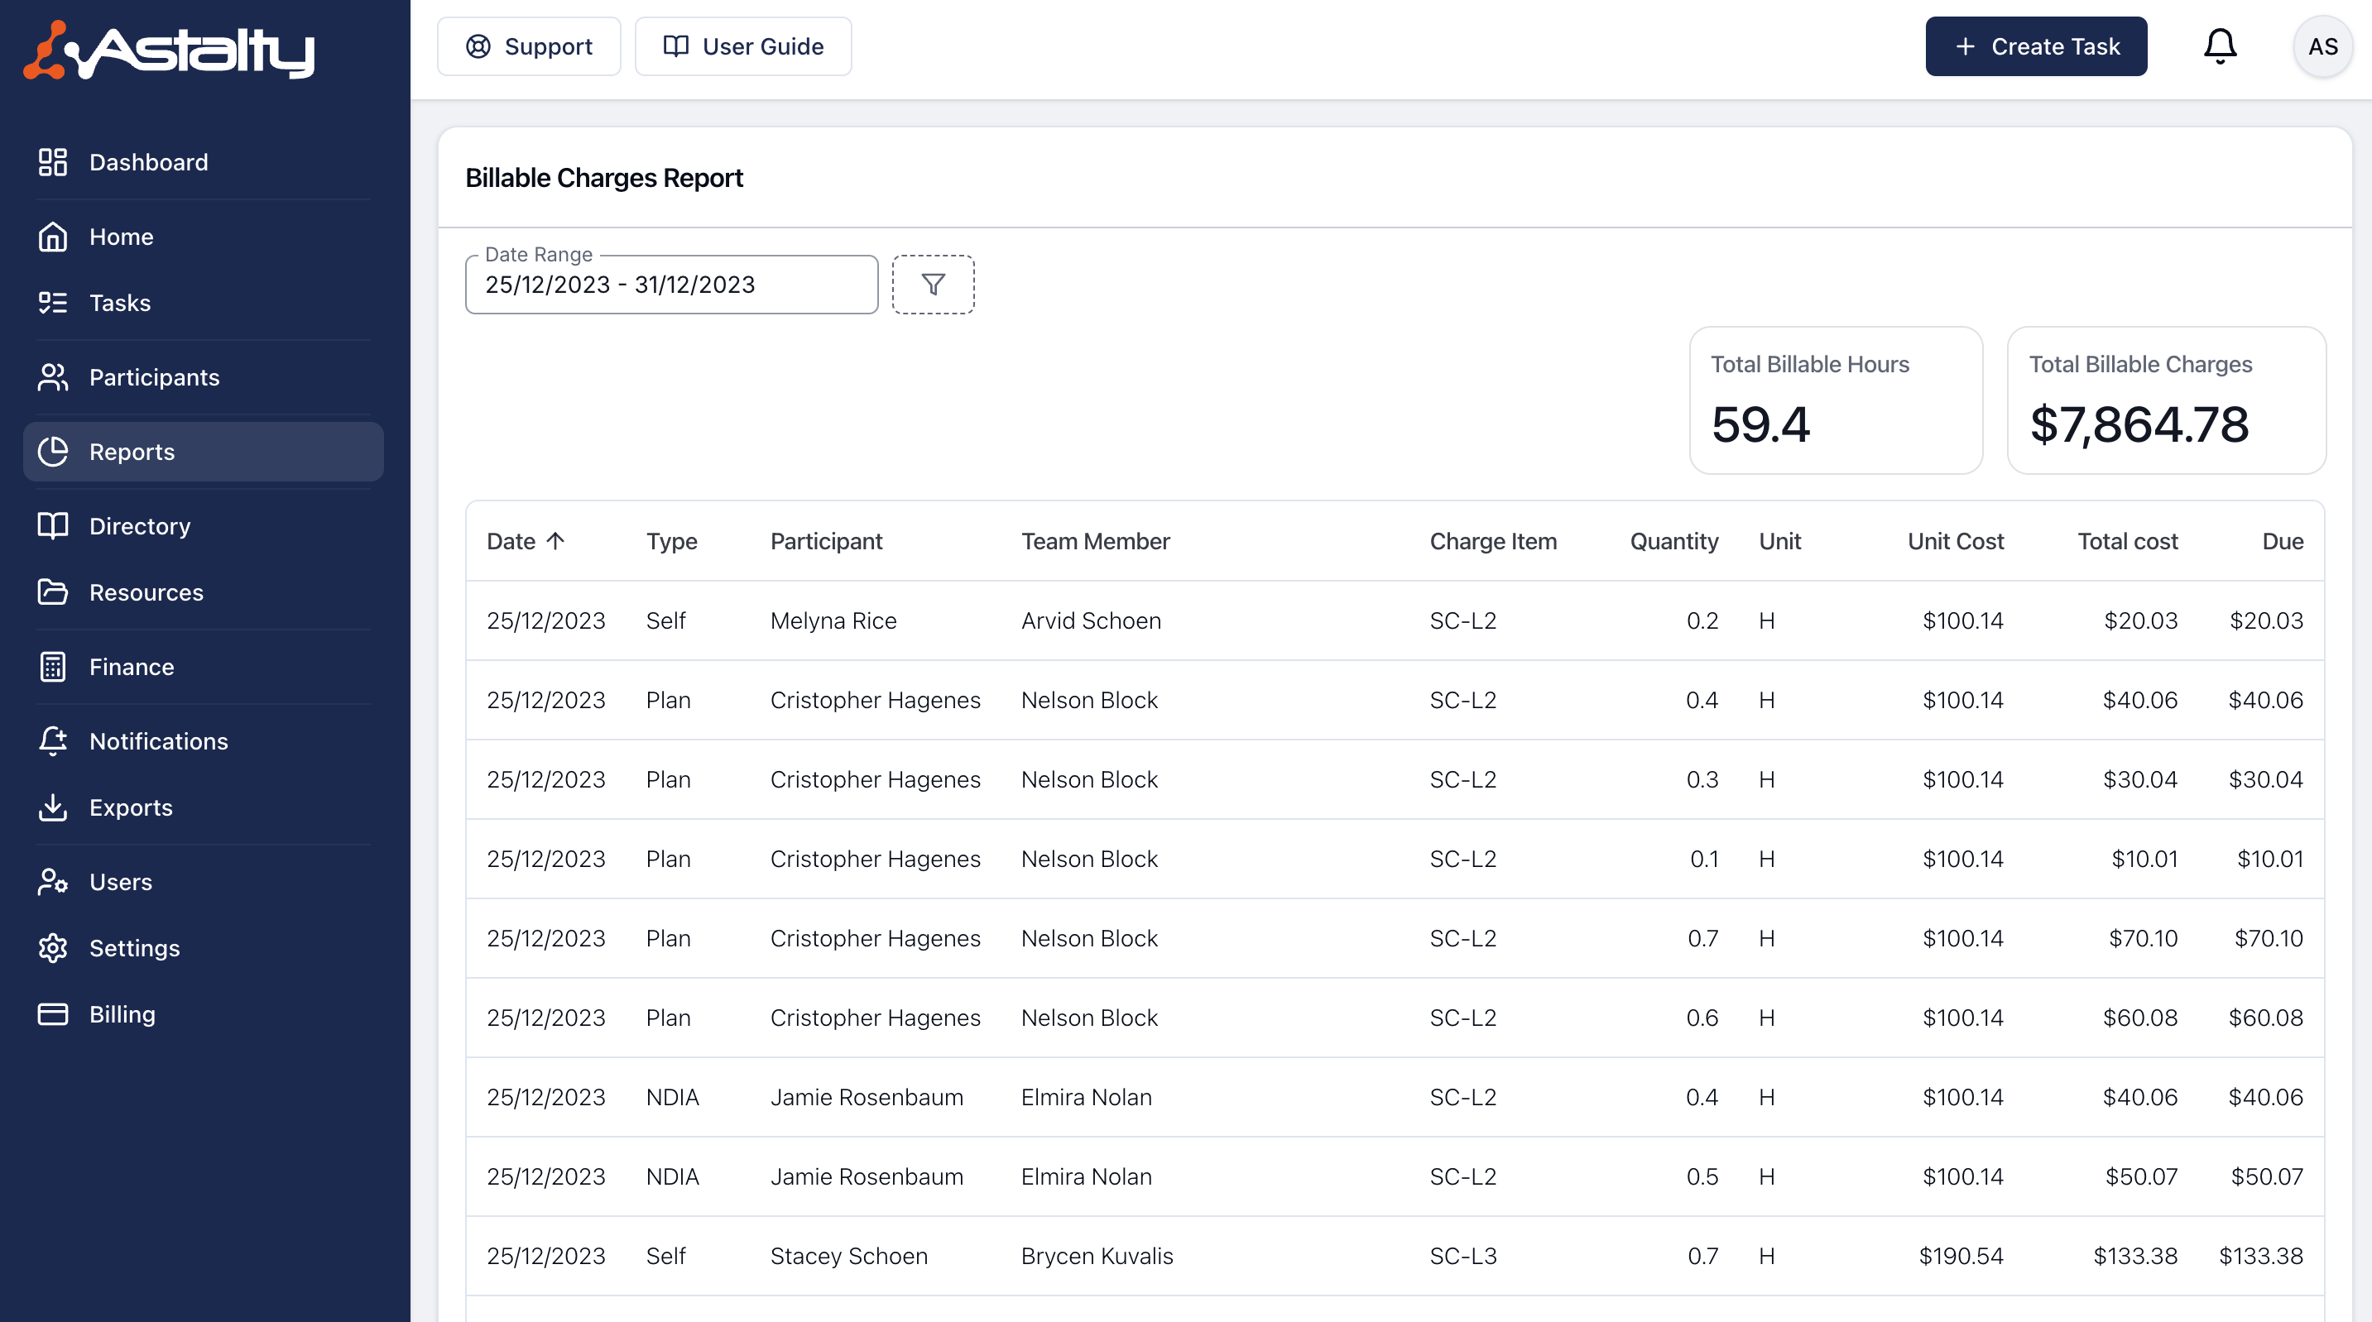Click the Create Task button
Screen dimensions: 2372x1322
click(2036, 46)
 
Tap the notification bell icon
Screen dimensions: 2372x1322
click(2220, 46)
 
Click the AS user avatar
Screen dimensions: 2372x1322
click(2322, 46)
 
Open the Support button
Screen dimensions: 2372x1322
click(529, 46)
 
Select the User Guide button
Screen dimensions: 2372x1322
click(743, 46)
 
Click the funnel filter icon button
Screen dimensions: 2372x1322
click(933, 285)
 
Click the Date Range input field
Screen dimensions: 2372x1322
click(671, 285)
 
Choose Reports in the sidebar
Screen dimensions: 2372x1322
click(204, 451)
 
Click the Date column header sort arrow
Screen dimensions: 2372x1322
click(555, 540)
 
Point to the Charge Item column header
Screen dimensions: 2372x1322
click(1492, 541)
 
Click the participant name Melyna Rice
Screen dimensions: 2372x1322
click(833, 620)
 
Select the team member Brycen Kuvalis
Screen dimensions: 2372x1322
click(1097, 1256)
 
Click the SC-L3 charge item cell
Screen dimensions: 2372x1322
click(1463, 1256)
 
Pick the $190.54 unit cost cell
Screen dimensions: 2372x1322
click(1961, 1256)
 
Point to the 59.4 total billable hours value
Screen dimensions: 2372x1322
click(1760, 424)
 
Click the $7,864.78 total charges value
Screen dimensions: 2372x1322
click(2139, 424)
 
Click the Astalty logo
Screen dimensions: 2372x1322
click(170, 50)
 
